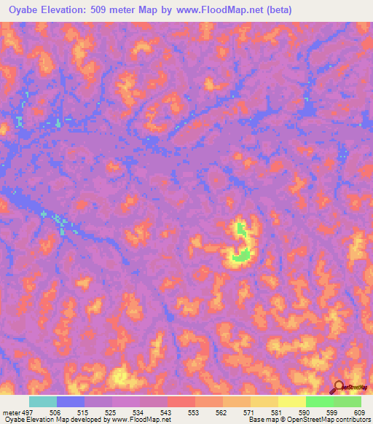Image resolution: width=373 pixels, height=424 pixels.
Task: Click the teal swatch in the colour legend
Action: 43,401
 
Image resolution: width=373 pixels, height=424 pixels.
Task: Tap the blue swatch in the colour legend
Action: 71,401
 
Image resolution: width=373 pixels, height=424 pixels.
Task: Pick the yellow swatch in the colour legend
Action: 292,401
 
